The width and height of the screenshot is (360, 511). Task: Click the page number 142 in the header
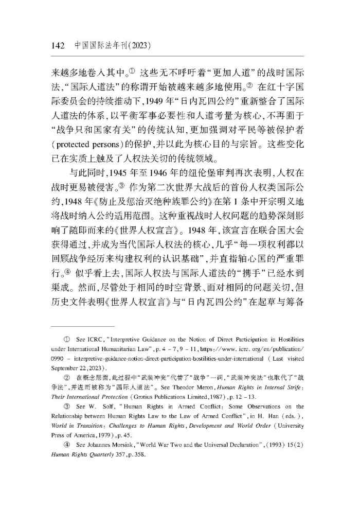(57, 46)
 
